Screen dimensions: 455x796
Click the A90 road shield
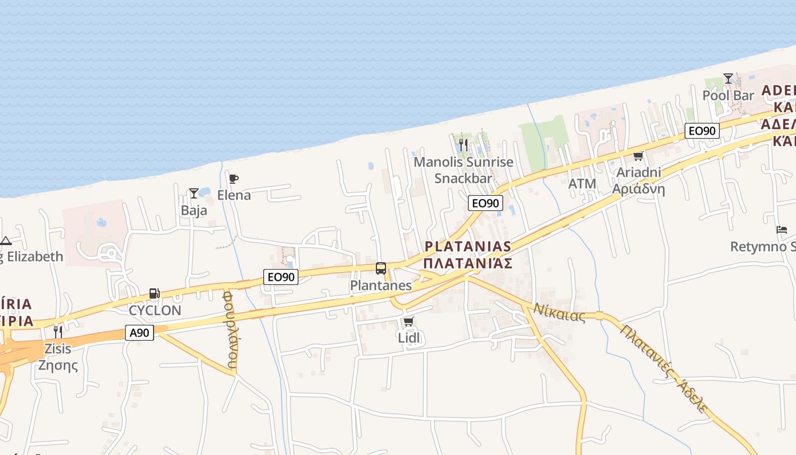coord(139,333)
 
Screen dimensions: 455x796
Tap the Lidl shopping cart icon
coord(408,322)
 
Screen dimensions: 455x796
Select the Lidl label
coord(408,338)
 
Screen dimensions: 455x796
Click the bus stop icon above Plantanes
coord(381,268)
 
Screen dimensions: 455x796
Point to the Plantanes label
coord(381,285)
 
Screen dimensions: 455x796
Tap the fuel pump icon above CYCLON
coord(154,293)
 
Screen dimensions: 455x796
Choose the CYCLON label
coord(155,311)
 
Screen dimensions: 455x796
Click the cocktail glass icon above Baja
coord(194,193)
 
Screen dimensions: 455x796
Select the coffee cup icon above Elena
coord(234,179)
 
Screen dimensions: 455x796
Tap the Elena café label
coord(234,195)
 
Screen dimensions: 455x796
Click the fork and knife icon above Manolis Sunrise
coord(463,145)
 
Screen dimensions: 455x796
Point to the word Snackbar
coord(463,178)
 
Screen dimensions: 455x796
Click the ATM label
coord(582,184)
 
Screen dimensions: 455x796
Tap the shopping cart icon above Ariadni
coord(638,156)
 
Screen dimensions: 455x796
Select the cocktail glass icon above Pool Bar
coord(728,78)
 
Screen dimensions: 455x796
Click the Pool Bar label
coord(728,95)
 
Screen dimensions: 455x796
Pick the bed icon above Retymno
coord(782,230)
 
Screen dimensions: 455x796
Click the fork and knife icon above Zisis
coord(58,332)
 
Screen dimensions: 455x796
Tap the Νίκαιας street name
coord(559,312)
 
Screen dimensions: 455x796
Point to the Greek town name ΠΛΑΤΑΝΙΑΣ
coord(468,263)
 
